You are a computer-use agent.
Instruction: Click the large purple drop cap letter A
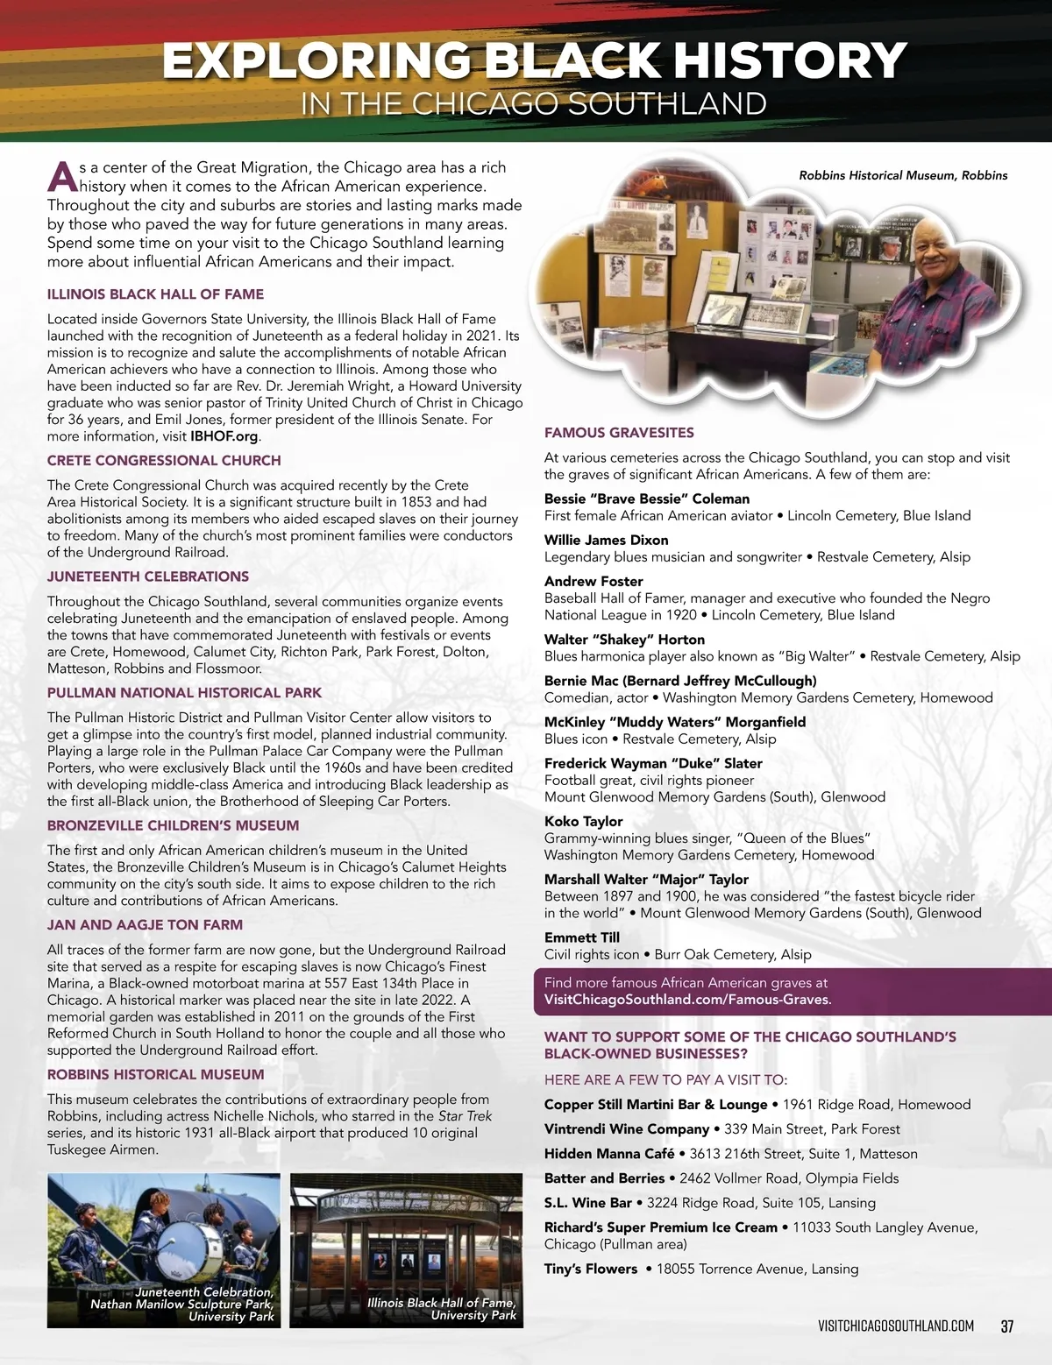pyautogui.click(x=62, y=176)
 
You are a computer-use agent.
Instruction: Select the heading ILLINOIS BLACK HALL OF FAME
pyautogui.click(x=155, y=294)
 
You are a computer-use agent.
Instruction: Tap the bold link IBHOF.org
pyautogui.click(x=224, y=436)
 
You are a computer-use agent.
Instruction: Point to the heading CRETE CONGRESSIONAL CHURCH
pyautogui.click(x=164, y=460)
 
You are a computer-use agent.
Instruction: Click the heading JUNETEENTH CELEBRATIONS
pyautogui.click(x=147, y=576)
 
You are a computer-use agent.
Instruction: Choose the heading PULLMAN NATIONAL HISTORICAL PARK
pyautogui.click(x=184, y=692)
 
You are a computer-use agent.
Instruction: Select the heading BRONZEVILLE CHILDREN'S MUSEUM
pyautogui.click(x=173, y=825)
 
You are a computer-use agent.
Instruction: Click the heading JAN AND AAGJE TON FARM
pyautogui.click(x=145, y=924)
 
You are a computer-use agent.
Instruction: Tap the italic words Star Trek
pyautogui.click(x=465, y=1116)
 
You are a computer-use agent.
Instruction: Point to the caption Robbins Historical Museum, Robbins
pyautogui.click(x=903, y=175)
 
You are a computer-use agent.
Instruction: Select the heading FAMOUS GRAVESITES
pyautogui.click(x=619, y=433)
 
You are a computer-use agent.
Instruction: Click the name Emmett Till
pyautogui.click(x=582, y=937)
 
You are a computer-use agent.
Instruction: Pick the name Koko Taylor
pyautogui.click(x=583, y=821)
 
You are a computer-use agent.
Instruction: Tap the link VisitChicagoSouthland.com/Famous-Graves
pyautogui.click(x=687, y=1000)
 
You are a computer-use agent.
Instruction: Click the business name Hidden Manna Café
pyautogui.click(x=609, y=1154)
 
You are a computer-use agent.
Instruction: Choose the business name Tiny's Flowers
pyautogui.click(x=591, y=1269)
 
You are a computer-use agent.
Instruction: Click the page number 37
pyautogui.click(x=1006, y=1326)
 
